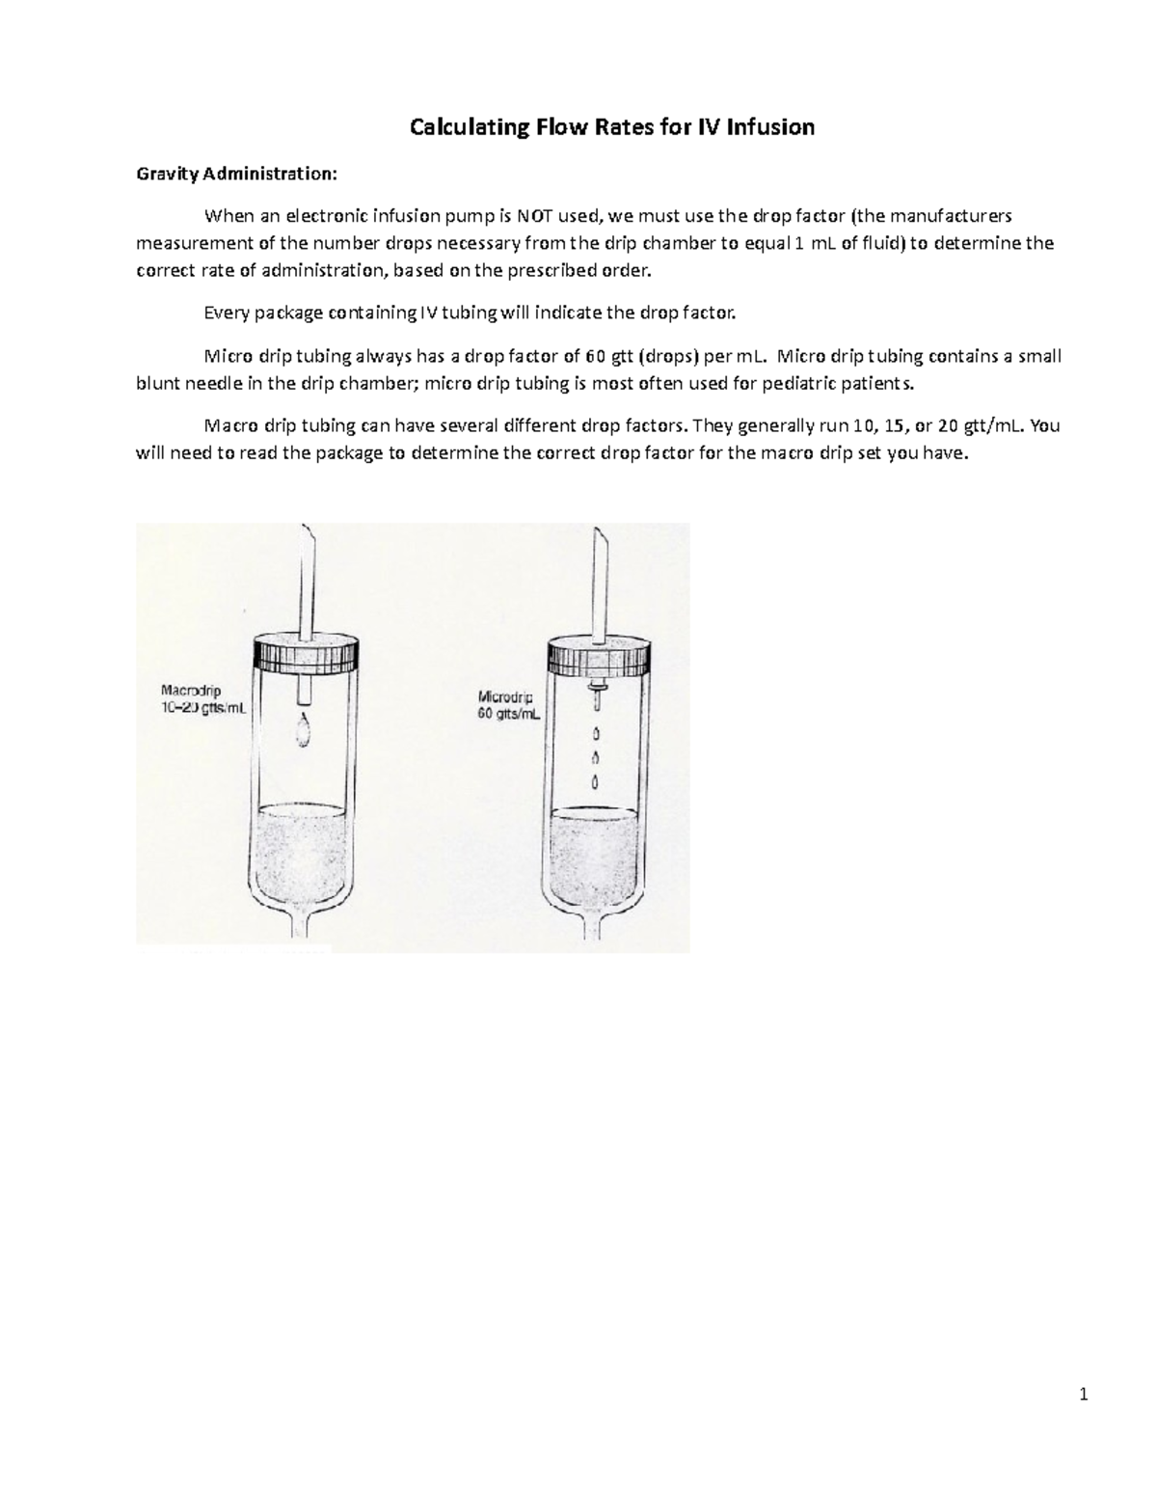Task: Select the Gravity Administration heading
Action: (x=237, y=174)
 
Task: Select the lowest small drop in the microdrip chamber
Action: (x=594, y=780)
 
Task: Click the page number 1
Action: (x=1085, y=1393)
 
